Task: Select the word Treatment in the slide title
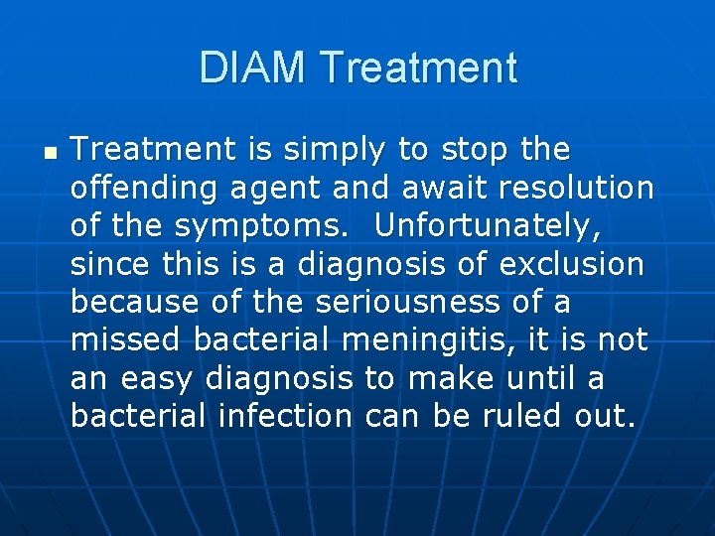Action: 419,68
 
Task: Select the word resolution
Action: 589,189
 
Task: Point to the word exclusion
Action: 571,265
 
